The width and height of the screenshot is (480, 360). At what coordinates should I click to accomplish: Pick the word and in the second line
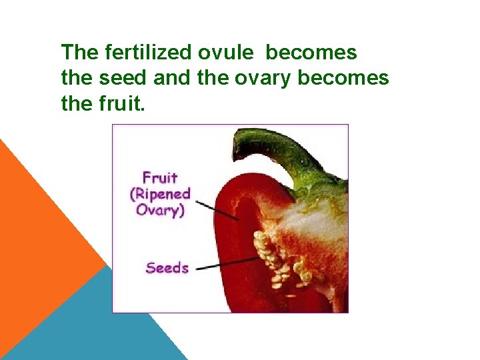tap(171, 78)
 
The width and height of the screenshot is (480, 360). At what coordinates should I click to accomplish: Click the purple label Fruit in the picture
tap(160, 178)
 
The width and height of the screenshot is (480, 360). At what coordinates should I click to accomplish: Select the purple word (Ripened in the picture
tap(160, 195)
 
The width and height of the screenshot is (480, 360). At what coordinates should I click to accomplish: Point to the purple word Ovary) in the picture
tap(160, 210)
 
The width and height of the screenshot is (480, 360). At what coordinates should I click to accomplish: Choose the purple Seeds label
tap(167, 268)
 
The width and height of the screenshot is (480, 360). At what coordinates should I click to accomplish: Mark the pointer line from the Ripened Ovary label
tap(220, 209)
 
